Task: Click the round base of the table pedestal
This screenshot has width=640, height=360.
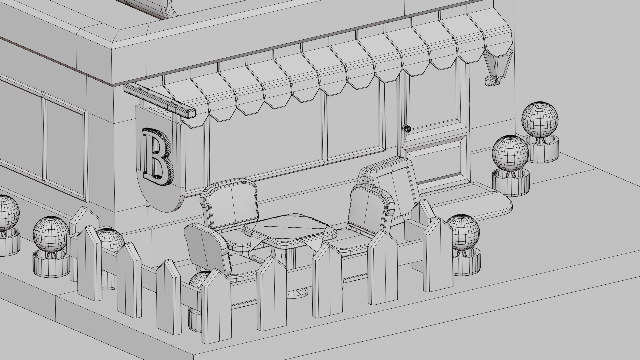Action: click(x=297, y=293)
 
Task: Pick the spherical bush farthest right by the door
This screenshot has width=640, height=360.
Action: click(x=540, y=119)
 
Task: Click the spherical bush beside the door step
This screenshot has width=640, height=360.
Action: click(x=510, y=153)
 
